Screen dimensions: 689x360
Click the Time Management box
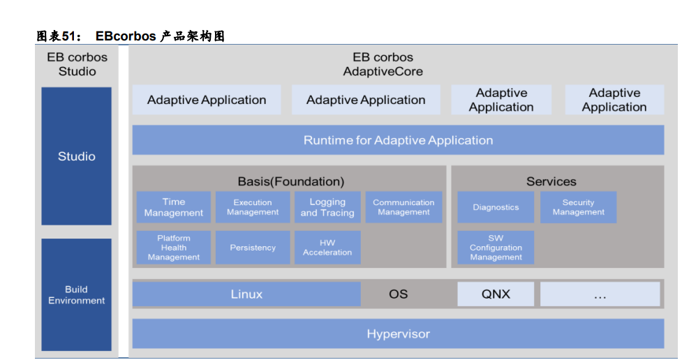174,207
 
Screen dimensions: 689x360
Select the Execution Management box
253,207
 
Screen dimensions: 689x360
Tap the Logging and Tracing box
327,207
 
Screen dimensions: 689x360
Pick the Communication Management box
403,207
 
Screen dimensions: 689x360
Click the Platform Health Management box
174,248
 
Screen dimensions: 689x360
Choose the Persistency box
253,248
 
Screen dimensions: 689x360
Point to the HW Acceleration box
327,248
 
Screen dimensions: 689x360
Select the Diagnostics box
496,207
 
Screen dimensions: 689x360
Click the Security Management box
578,207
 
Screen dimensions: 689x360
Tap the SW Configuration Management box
496,248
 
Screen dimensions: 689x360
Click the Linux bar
246,294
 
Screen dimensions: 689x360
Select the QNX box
496,294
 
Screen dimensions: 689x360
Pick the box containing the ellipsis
600,294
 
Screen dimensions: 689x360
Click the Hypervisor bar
398,333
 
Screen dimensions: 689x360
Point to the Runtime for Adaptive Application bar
398,140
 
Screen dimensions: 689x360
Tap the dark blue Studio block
77,156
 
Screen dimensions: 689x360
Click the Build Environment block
77,294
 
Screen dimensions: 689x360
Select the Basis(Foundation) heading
291,181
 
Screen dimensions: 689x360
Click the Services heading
551,181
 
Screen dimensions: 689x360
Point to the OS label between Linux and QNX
398,294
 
